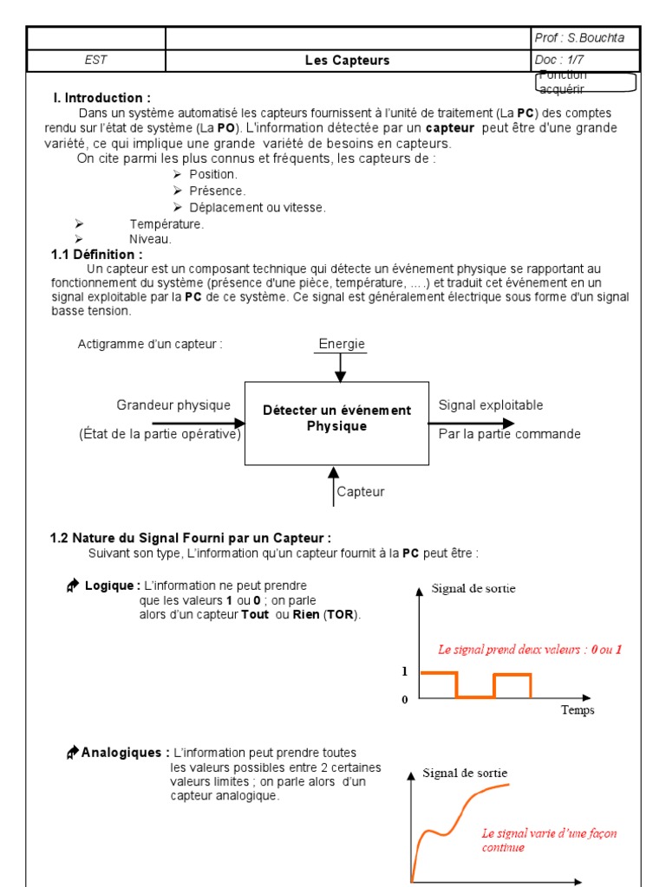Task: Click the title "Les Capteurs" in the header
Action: pos(347,61)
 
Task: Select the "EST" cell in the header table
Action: pos(95,61)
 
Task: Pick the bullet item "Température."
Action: pos(166,223)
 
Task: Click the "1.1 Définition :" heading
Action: pos(96,255)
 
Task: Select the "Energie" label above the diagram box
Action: pos(342,345)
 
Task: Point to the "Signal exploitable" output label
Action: pos(491,405)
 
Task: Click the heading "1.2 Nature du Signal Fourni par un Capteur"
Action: pos(190,538)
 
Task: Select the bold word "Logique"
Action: pos(112,586)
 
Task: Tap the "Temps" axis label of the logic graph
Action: pos(578,710)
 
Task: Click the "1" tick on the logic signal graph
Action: pos(404,671)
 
